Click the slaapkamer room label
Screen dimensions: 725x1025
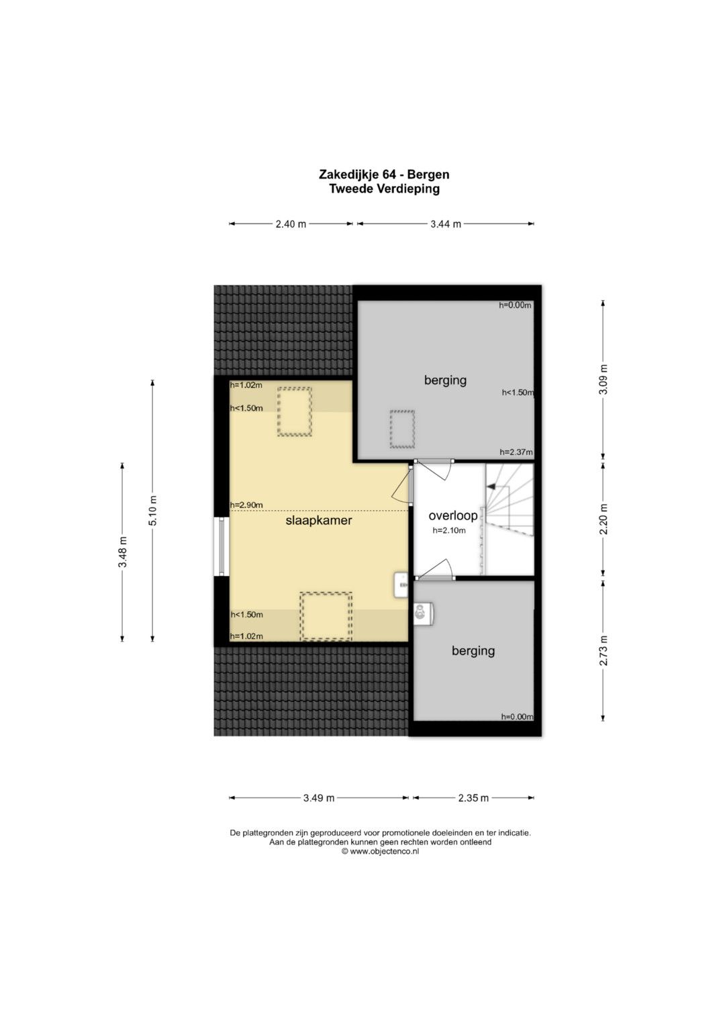319,520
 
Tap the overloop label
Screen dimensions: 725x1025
452,516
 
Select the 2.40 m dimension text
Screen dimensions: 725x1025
291,224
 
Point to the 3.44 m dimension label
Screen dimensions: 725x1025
446,224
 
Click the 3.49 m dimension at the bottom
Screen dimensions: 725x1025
319,798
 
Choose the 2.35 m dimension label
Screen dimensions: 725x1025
473,798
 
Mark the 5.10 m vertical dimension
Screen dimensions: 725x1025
152,511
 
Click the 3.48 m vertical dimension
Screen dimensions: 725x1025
122,552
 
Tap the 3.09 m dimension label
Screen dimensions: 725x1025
603,380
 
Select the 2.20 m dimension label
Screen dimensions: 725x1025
603,519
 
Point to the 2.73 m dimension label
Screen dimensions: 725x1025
603,650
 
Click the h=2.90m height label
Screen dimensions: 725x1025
246,505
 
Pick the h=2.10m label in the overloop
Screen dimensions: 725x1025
449,531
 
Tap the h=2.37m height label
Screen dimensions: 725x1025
516,452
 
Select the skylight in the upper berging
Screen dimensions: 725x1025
402,429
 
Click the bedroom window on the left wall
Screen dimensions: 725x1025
222,546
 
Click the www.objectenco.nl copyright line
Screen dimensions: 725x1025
380,852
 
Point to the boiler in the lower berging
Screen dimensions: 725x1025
424,614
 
